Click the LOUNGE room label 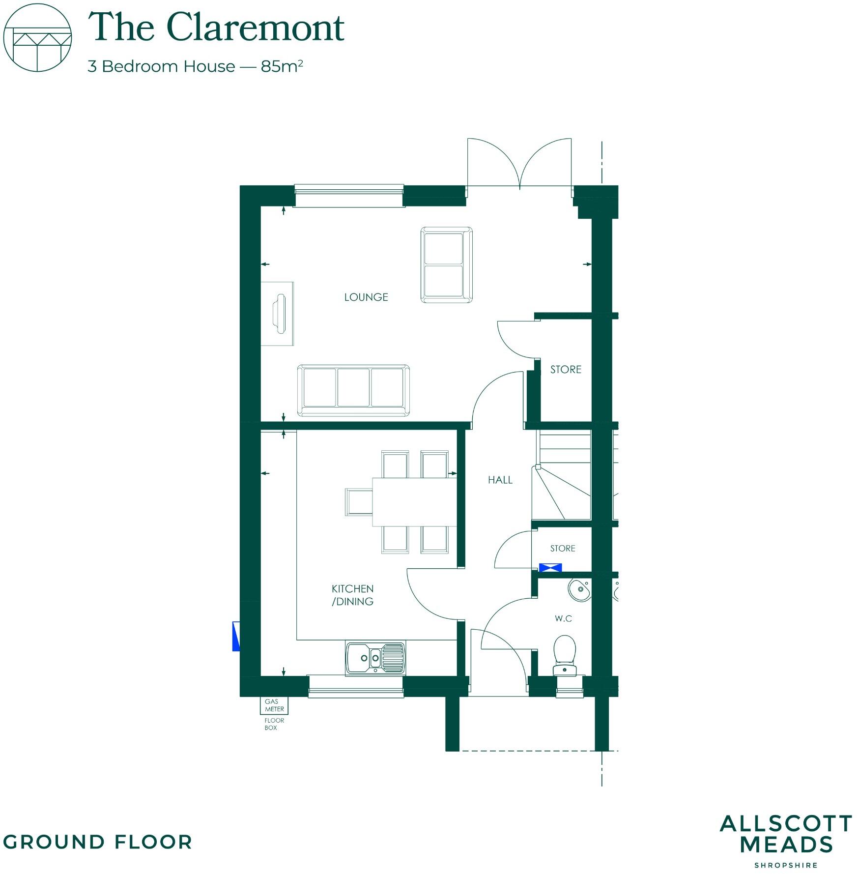point(366,297)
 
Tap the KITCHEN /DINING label point(352,595)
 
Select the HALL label point(500,480)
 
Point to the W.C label point(563,618)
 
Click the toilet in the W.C point(565,654)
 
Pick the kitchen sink point(375,658)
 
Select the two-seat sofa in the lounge point(446,264)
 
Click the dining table point(414,501)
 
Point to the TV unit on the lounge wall point(278,314)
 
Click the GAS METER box point(274,705)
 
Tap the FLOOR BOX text point(274,724)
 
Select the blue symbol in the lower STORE point(550,568)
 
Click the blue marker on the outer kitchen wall point(236,637)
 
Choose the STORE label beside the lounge point(566,370)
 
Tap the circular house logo point(38,38)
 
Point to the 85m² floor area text point(282,66)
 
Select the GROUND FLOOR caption point(97,842)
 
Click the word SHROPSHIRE point(786,865)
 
